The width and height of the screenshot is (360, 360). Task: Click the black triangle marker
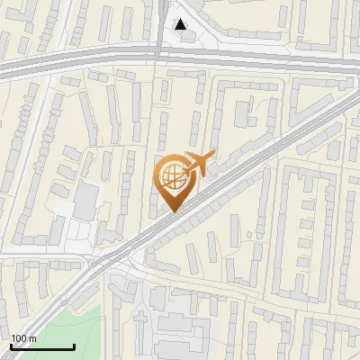click(x=181, y=24)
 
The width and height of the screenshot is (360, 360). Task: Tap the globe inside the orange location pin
click(x=172, y=174)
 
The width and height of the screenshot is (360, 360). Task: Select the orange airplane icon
click(x=201, y=164)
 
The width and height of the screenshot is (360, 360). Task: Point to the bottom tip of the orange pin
click(x=172, y=212)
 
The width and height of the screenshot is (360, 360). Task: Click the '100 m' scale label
click(x=23, y=338)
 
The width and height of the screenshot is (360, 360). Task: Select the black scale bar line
click(x=41, y=346)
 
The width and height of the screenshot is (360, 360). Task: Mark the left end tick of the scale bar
click(x=10, y=346)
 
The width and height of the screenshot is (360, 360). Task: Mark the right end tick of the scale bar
click(x=74, y=346)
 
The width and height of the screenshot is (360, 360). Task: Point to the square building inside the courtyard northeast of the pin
click(x=240, y=112)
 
